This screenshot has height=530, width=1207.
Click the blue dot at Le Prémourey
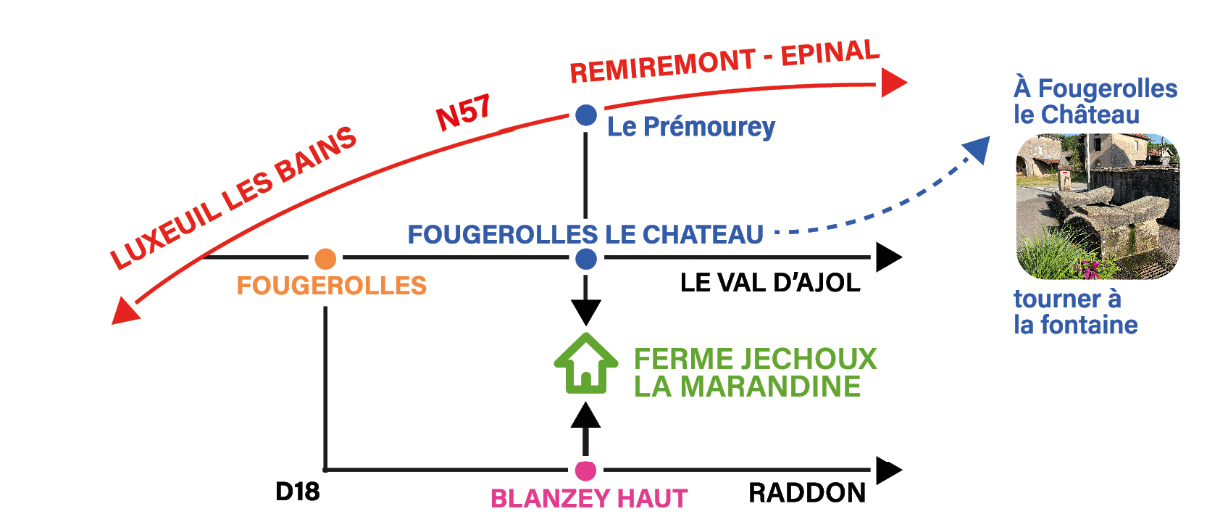click(x=585, y=115)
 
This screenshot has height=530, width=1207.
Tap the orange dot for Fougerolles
click(x=325, y=258)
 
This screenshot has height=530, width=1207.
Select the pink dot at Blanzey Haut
click(x=585, y=471)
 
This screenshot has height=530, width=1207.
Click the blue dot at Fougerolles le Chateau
click(x=585, y=259)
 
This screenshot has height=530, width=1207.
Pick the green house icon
click(x=585, y=364)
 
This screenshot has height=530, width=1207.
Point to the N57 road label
click(x=463, y=113)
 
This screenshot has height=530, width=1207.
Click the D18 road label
click(x=297, y=492)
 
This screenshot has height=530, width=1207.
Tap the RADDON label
click(x=806, y=493)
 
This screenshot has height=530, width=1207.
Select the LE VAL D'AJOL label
click(x=769, y=283)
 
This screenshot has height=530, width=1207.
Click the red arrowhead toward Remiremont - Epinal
click(x=893, y=83)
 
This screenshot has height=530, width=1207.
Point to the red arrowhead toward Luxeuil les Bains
click(x=125, y=312)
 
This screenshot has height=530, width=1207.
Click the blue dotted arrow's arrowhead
click(x=977, y=149)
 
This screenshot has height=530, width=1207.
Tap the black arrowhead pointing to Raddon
click(x=887, y=471)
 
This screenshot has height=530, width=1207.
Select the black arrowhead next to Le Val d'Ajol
click(x=887, y=257)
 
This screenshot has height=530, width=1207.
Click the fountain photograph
click(x=1098, y=207)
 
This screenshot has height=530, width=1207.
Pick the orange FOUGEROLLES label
click(x=331, y=286)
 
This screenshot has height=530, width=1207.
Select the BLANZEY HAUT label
click(x=588, y=499)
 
